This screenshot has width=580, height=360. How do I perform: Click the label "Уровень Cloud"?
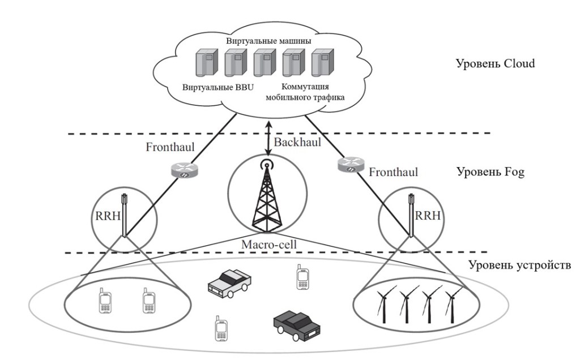click(x=496, y=63)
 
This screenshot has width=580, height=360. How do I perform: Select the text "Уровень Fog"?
click(x=491, y=171)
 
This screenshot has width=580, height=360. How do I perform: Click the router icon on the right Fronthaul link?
click(x=349, y=164)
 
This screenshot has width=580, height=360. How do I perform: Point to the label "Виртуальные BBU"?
click(x=218, y=89)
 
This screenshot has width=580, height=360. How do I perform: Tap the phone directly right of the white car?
click(x=302, y=277)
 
